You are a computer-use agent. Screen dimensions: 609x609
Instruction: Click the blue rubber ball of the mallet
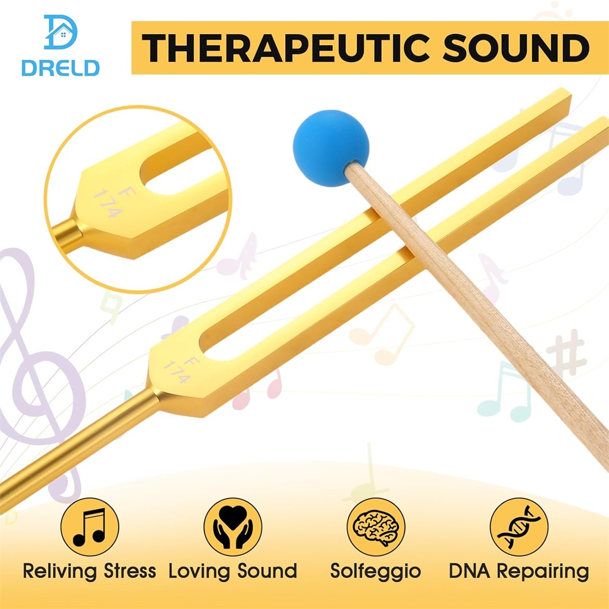(331, 148)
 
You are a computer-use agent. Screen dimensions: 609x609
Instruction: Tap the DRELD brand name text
(60, 68)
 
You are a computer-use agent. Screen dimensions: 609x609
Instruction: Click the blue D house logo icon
(60, 32)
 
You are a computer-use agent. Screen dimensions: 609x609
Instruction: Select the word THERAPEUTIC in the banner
(286, 48)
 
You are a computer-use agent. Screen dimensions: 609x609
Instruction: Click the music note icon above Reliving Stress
(90, 527)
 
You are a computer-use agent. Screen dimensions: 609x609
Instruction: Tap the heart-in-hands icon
(233, 527)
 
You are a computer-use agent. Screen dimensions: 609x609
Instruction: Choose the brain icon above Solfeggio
(376, 527)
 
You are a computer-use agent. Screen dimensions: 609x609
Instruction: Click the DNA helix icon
(519, 527)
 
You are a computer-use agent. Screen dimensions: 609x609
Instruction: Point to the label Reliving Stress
(90, 571)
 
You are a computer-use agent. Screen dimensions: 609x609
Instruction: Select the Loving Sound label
(233, 571)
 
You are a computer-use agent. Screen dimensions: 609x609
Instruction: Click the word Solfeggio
(376, 572)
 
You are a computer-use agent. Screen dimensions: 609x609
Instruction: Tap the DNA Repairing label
(519, 572)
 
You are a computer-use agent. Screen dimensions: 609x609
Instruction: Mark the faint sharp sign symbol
(566, 352)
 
